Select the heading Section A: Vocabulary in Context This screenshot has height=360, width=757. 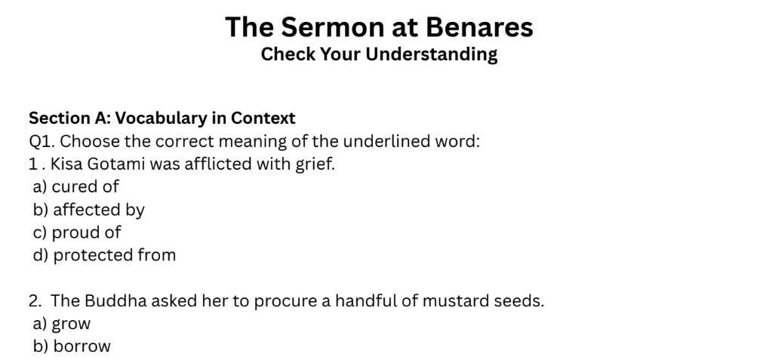(162, 118)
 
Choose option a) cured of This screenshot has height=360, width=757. (75, 186)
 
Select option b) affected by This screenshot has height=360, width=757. (88, 209)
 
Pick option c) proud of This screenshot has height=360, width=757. (76, 232)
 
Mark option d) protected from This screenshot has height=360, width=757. (104, 254)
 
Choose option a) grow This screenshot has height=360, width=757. (61, 324)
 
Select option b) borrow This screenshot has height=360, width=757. (72, 346)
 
